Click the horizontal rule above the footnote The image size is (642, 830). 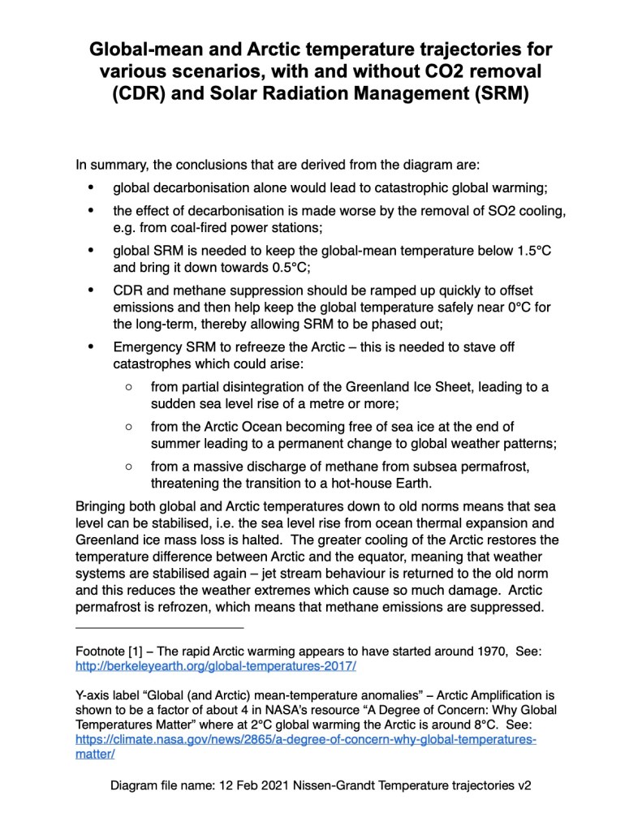159,627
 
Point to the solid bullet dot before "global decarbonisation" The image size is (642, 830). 92,188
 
